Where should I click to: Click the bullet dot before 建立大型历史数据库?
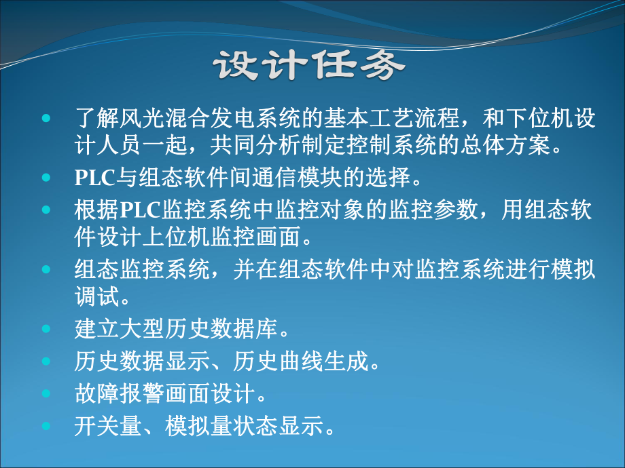point(46,330)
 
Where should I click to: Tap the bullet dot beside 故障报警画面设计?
point(46,393)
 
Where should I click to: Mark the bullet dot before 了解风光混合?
point(46,119)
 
